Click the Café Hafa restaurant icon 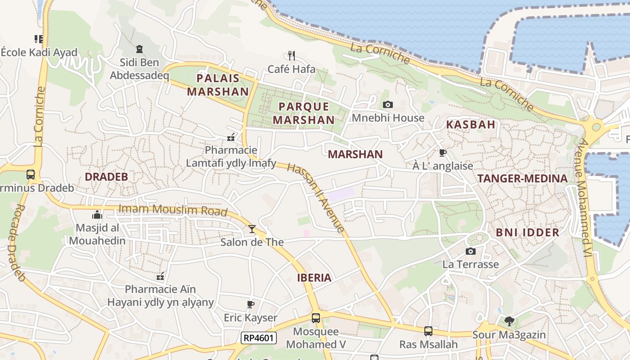[292, 56]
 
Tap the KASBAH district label [470, 125]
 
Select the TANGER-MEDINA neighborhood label [522, 178]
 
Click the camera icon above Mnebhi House [387, 105]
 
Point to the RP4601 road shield [258, 337]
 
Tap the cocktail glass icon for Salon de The [252, 229]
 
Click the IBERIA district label [314, 278]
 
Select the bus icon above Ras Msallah [428, 331]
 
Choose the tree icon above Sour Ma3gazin [509, 321]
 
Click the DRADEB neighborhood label [107, 177]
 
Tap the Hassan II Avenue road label [316, 197]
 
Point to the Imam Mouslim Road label [173, 210]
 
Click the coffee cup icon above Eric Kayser [251, 305]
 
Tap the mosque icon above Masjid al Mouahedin [97, 215]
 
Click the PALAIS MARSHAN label [218, 85]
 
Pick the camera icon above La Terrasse [470, 251]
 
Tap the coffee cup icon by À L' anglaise [443, 153]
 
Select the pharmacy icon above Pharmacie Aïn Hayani [160, 276]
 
